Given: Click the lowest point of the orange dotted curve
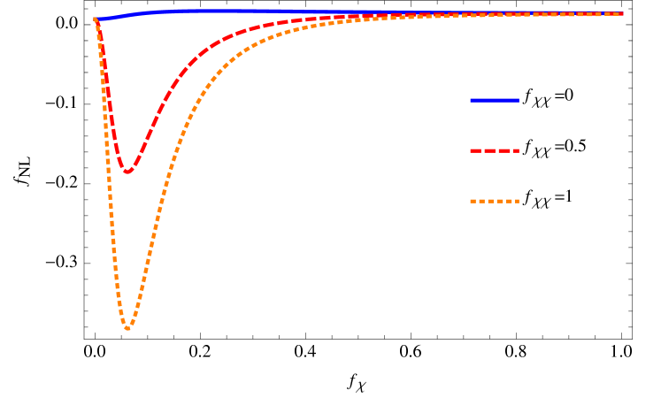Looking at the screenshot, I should tap(128, 329).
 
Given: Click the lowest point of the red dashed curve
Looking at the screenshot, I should tap(127, 172).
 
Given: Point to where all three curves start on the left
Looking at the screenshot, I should tap(96, 19).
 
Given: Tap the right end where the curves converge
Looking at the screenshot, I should tap(622, 13).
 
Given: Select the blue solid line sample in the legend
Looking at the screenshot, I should tap(494, 100).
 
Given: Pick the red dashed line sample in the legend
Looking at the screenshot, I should tap(494, 151).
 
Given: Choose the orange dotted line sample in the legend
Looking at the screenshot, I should tap(494, 202).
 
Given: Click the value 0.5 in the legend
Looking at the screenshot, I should tap(575, 146).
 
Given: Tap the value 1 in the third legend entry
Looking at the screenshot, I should tap(569, 196).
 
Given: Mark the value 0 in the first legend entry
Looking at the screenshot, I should tap(569, 95).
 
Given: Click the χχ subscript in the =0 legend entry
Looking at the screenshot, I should tap(542, 102).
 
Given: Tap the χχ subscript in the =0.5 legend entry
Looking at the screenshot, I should tap(542, 153).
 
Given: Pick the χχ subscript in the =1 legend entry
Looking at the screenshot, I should tap(542, 203).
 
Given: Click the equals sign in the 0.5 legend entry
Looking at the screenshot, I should tap(558, 147).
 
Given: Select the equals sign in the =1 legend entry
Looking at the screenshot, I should tap(558, 197).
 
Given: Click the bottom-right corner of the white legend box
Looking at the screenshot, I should tap(627, 233).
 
